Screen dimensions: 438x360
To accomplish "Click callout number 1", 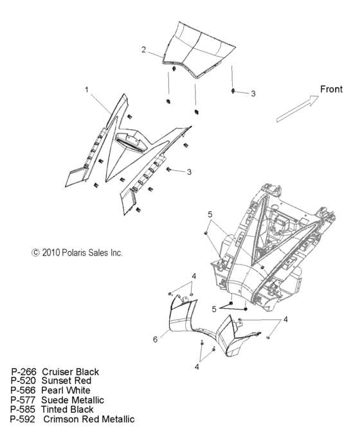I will point(87,91).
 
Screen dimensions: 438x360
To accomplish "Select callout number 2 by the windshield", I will point(144,49).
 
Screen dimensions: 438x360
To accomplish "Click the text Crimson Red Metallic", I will point(89,419).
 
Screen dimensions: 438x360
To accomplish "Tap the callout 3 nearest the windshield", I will point(253,94).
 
